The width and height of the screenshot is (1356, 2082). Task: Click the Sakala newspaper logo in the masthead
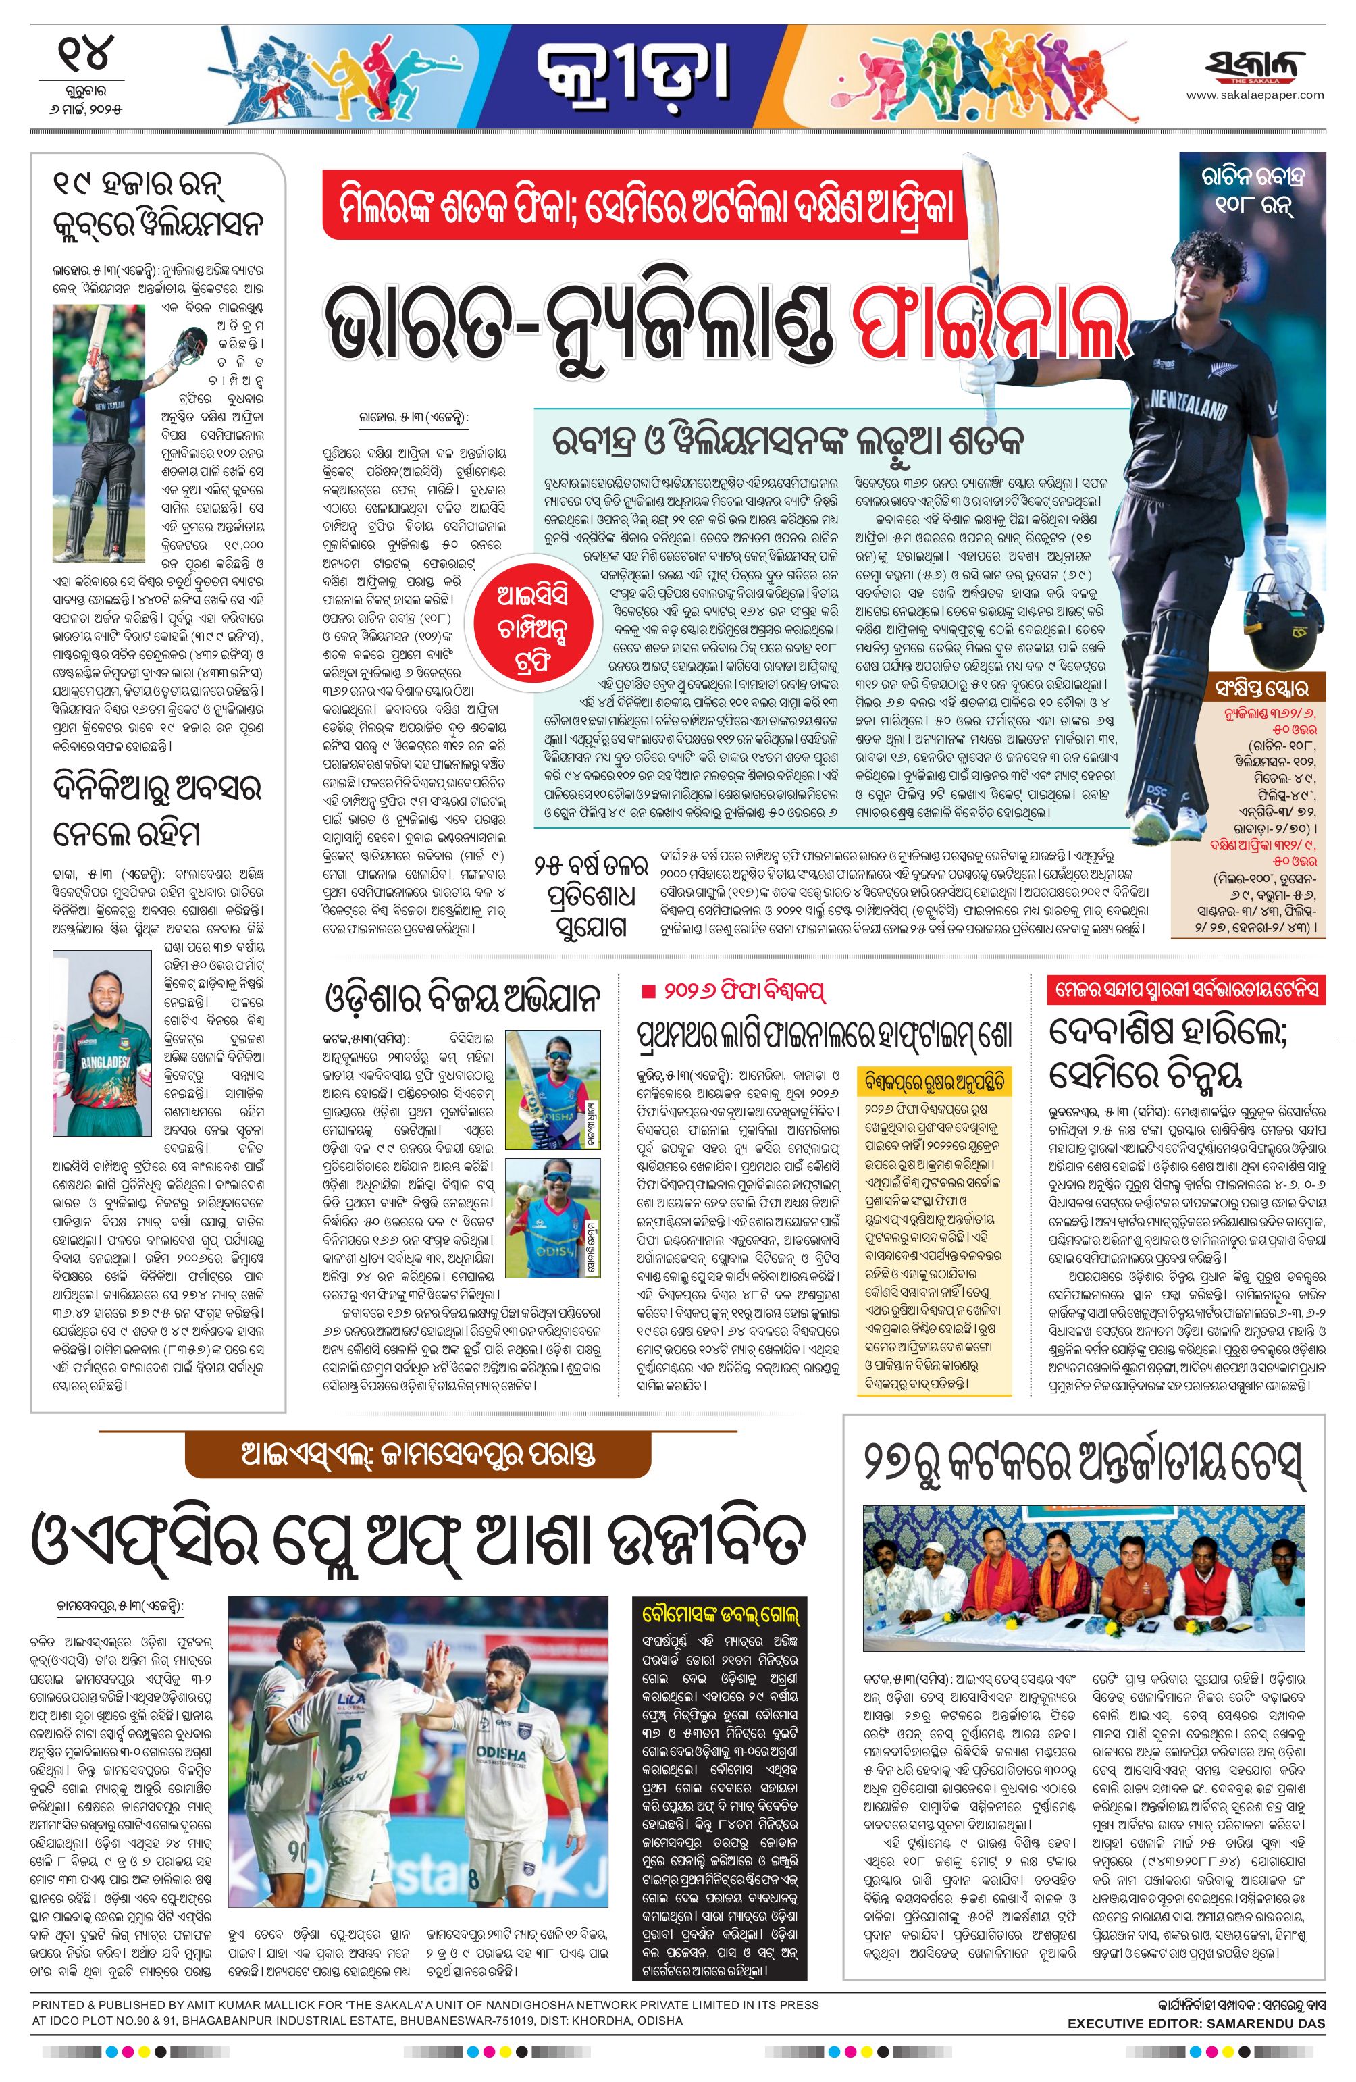(x=1255, y=65)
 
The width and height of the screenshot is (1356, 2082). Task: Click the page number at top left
(x=86, y=53)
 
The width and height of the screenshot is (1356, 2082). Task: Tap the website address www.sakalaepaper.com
(x=1255, y=95)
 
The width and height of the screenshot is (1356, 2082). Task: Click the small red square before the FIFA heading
(x=648, y=991)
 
